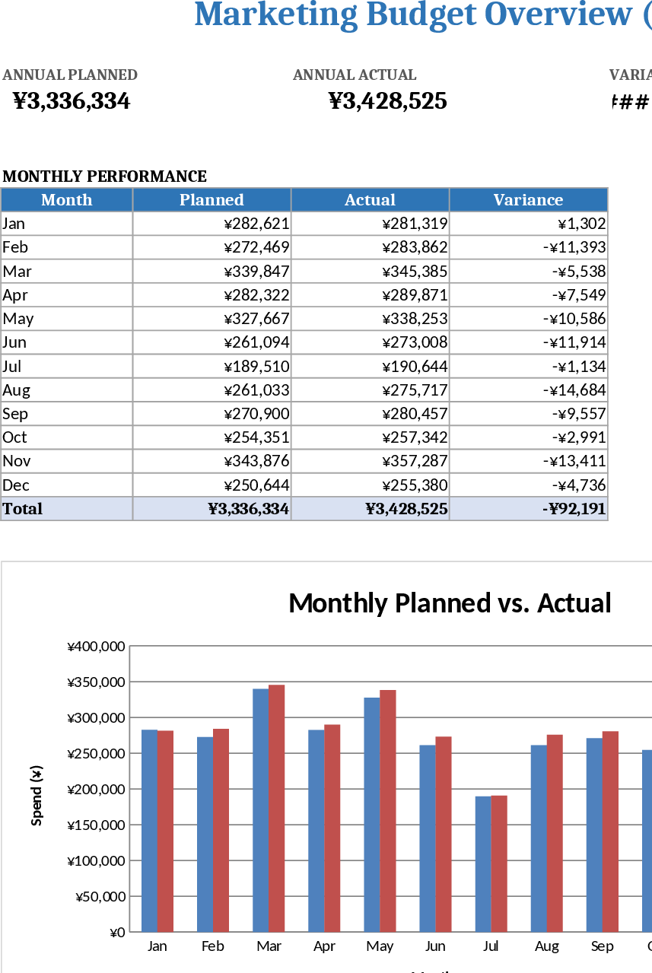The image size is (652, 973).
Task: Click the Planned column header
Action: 212,200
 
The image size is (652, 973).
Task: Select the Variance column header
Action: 528,200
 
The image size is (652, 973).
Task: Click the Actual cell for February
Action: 371,247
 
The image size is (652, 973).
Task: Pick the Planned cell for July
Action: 212,367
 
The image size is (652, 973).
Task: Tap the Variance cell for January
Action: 528,224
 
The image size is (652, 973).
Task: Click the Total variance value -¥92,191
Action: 574,509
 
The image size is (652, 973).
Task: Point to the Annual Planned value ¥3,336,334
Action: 72,101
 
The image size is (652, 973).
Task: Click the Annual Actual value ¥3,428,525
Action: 387,101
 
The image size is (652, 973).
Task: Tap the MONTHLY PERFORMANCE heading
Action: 105,176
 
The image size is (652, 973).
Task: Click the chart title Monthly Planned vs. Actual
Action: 450,603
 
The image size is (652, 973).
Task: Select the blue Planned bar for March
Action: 260,809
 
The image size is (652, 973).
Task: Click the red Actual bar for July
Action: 499,863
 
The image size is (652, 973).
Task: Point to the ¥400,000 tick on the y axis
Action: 96,647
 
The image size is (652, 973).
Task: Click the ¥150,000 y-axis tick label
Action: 96,825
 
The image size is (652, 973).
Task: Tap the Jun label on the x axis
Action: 435,946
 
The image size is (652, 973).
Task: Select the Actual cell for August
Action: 371,390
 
